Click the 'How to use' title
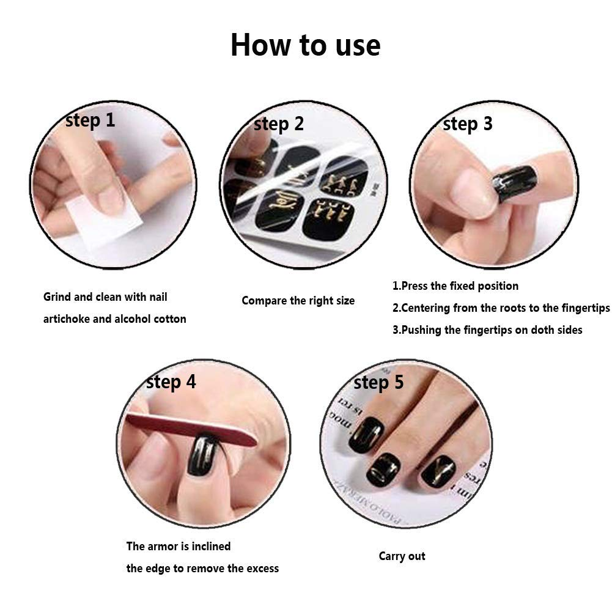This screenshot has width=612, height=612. coord(305,46)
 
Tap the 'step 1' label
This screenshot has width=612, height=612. coord(90,120)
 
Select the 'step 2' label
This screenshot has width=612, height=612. coord(278,124)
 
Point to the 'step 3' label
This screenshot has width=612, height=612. coord(467,124)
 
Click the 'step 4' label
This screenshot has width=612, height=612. coord(171,382)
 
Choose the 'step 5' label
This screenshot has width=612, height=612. coord(378,383)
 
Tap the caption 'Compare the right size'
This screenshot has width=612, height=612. coord(298,301)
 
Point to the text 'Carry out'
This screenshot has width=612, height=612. coord(402,556)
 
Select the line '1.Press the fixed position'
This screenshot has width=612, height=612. coord(455,286)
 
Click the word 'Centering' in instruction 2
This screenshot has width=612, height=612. coord(426,308)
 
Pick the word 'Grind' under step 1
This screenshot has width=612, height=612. coord(57,297)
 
